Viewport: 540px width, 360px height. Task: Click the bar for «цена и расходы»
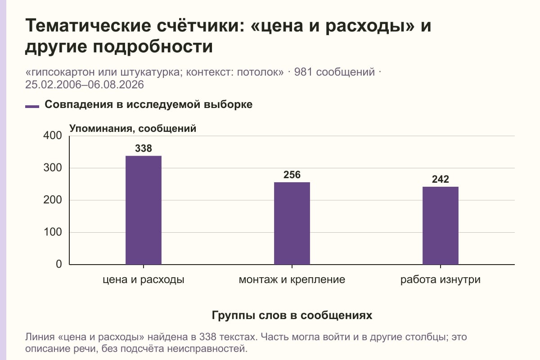tap(144, 210)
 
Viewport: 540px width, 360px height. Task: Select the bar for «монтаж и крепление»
tap(292, 223)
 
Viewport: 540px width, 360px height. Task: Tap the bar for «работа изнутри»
tap(441, 225)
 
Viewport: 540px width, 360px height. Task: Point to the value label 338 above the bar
tap(144, 148)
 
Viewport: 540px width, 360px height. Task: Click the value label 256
tap(292, 175)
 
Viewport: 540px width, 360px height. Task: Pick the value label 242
tap(441, 179)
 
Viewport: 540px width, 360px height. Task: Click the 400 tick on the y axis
tap(53, 135)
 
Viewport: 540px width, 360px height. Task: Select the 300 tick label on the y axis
tap(53, 168)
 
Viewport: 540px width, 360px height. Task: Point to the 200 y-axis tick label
tap(53, 200)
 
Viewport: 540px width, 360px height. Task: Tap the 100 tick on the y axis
tap(53, 232)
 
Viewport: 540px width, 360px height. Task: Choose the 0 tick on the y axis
tap(59, 264)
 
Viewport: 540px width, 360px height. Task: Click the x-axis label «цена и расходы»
tap(144, 280)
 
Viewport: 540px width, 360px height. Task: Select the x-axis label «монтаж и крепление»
tap(292, 280)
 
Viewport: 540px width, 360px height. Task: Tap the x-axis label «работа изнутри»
tap(441, 280)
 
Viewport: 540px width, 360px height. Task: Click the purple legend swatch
tap(32, 107)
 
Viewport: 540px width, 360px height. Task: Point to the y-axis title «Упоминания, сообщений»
tap(133, 129)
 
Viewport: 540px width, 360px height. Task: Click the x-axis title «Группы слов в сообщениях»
tap(292, 315)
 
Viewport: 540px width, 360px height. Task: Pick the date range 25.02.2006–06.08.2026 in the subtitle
tap(85, 85)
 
